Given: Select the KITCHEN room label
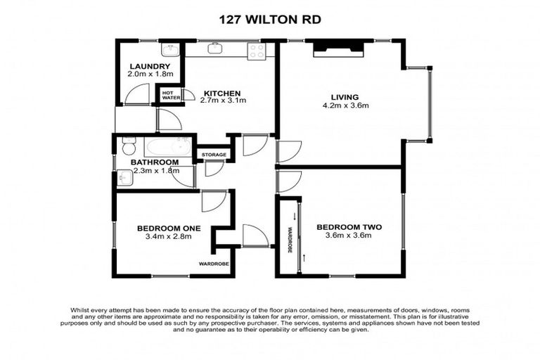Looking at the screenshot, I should [222, 93].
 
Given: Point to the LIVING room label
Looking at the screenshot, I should [345, 97].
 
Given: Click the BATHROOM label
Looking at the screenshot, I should [155, 162].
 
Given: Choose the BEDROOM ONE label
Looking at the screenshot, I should [169, 228].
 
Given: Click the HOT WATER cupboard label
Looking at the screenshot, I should [169, 94].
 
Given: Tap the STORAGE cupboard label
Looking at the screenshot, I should [214, 155].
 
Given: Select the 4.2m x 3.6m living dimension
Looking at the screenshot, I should [345, 106].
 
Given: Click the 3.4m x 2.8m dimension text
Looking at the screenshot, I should [169, 236].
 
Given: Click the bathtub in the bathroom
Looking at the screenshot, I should [167, 147].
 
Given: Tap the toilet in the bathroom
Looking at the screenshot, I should [128, 148].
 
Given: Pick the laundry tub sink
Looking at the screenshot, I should [169, 49].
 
